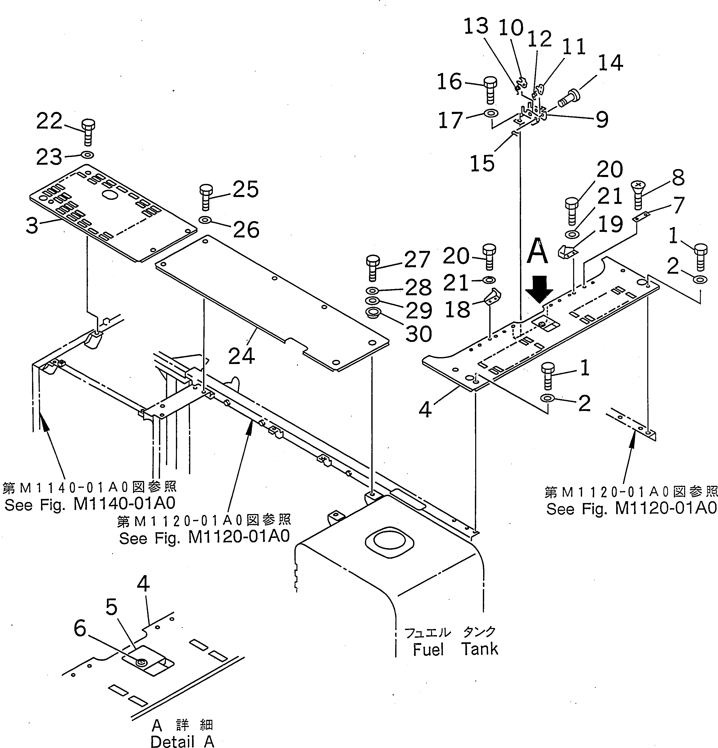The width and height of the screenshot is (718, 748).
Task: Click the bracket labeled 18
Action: (494, 297)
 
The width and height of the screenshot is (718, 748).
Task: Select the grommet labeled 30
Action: (372, 314)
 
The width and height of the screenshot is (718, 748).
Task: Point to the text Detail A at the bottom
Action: (182, 741)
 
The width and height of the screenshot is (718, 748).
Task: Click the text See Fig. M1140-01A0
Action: (90, 504)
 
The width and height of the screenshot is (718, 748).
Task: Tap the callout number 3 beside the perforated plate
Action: (32, 226)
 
